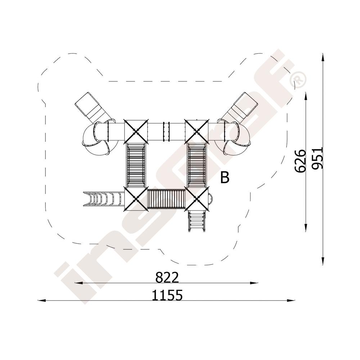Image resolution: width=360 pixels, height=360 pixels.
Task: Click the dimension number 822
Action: [x=167, y=277]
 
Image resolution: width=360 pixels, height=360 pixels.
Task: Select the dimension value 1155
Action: [x=167, y=295]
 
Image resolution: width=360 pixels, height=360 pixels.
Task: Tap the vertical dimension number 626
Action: [x=300, y=161]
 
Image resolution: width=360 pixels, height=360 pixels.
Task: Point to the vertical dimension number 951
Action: [x=318, y=158]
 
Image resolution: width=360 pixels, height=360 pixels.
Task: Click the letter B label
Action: [x=225, y=177]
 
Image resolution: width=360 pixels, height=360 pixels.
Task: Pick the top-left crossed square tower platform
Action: [x=136, y=131]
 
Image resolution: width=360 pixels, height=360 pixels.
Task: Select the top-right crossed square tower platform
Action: [x=197, y=131]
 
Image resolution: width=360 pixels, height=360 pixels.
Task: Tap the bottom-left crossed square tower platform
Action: [x=136, y=199]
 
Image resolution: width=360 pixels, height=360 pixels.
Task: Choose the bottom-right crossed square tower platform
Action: [x=197, y=199]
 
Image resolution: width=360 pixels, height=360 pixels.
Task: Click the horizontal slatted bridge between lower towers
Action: [x=167, y=199]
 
